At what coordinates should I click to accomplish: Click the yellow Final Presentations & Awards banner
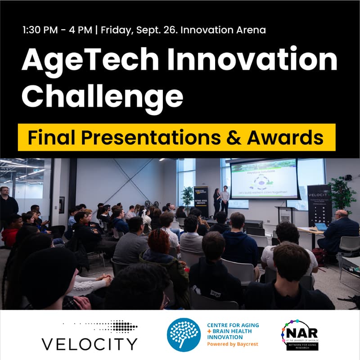[x=176, y=137]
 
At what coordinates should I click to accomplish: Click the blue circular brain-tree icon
[x=183, y=335]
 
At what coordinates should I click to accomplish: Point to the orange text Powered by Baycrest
[x=233, y=344]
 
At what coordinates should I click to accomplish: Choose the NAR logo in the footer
[x=300, y=334]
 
